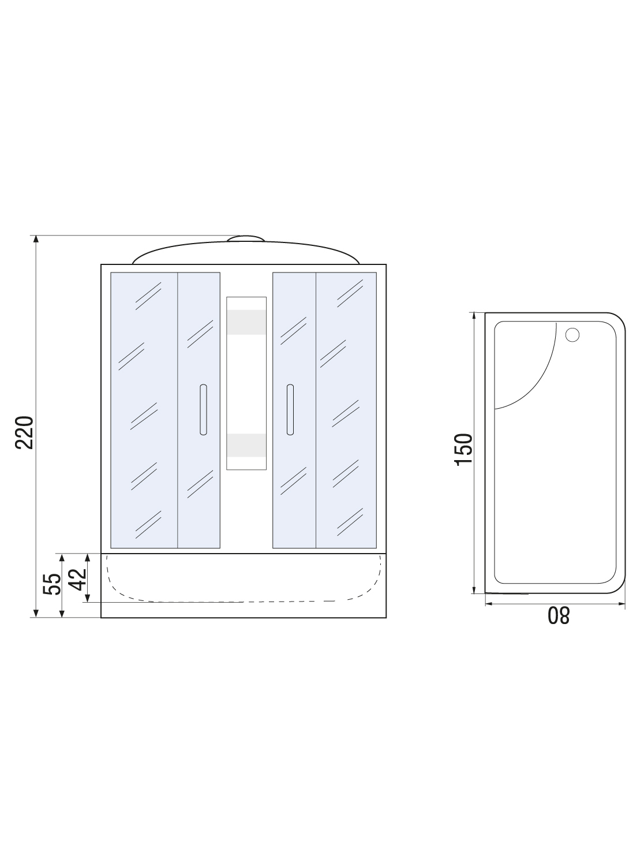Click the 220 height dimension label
coord(24,432)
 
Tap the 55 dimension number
coord(53,584)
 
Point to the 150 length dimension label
coord(464,450)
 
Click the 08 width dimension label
coord(559,615)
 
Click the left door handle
coord(203,410)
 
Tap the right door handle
coord(290,410)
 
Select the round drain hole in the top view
coord(572,335)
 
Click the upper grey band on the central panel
coord(246,322)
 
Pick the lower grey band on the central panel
coord(246,445)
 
